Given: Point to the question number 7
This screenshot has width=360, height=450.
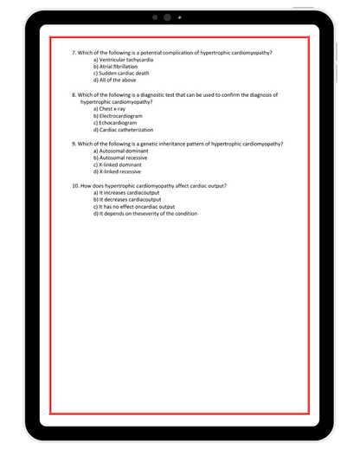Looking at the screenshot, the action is coord(74,53).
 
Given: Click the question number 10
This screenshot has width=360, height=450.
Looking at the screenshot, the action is coord(75,186).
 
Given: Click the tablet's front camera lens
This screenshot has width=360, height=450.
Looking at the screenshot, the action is coord(165,17).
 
